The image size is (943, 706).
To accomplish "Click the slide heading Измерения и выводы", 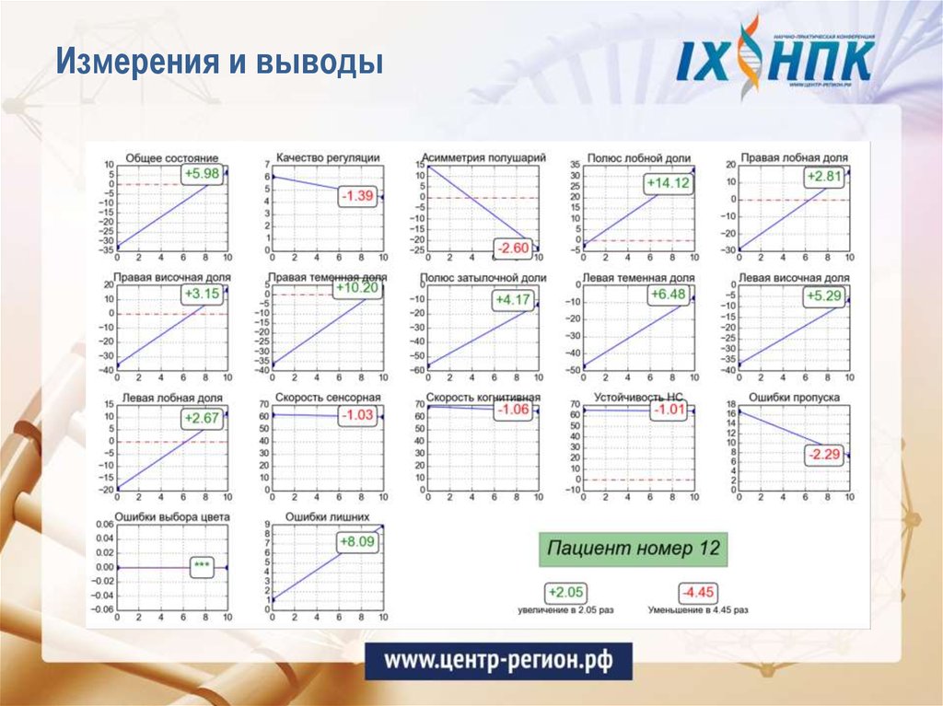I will (x=218, y=63).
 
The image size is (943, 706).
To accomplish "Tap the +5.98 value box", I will (x=202, y=174).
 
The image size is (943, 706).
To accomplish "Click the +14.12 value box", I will (x=668, y=183).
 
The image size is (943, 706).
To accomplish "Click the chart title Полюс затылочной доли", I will (x=483, y=277).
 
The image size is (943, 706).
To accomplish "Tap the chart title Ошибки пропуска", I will (x=793, y=398).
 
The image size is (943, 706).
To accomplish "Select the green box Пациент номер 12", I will (x=634, y=549).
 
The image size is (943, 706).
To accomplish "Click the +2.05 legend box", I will (x=565, y=593).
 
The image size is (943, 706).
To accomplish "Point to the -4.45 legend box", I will (x=698, y=593).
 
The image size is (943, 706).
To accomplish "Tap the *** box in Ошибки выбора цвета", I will (x=202, y=567).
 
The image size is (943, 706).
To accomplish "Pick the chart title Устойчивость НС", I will (x=634, y=398).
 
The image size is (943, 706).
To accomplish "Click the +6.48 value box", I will (x=668, y=295).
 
